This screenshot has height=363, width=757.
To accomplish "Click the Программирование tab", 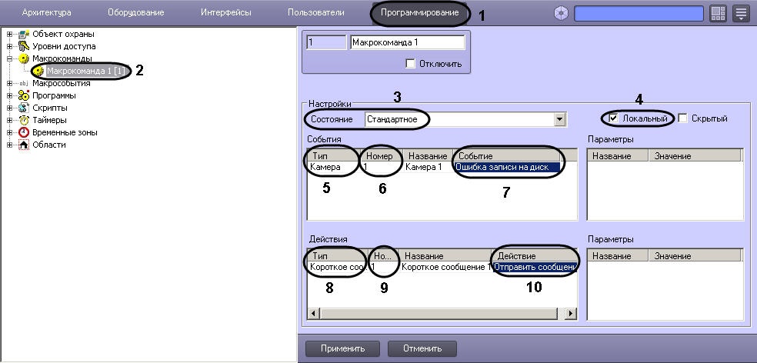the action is pyautogui.click(x=419, y=13).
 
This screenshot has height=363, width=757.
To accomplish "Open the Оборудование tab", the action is pyautogui.click(x=135, y=13).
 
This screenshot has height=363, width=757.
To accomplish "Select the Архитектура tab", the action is pyautogui.click(x=46, y=13).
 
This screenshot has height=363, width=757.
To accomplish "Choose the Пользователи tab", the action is pyautogui.click(x=315, y=13).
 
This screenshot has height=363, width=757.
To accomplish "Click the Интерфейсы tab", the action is pyautogui.click(x=226, y=13).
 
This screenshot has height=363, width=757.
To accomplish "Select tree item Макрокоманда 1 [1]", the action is pyautogui.click(x=88, y=71).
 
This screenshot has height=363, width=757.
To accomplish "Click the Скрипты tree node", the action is pyautogui.click(x=50, y=108).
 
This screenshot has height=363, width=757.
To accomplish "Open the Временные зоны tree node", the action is pyautogui.click(x=65, y=132).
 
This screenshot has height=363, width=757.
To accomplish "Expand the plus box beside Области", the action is pyautogui.click(x=10, y=145).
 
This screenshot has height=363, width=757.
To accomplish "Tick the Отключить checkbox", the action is pyautogui.click(x=410, y=64).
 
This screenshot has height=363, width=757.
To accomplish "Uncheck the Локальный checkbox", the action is pyautogui.click(x=613, y=118).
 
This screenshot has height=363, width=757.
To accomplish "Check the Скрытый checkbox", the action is pyautogui.click(x=682, y=118).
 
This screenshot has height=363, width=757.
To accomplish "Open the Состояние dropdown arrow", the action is pyautogui.click(x=559, y=118).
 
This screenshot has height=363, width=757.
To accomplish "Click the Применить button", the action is pyautogui.click(x=342, y=348).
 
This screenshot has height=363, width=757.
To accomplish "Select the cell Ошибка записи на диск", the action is pyautogui.click(x=509, y=167).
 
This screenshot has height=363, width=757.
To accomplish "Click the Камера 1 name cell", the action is pyautogui.click(x=424, y=167).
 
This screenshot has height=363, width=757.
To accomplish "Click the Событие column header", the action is pyautogui.click(x=507, y=156).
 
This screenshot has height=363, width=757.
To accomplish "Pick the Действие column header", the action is pyautogui.click(x=535, y=256).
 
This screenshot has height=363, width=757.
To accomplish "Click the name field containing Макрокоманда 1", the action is pyautogui.click(x=407, y=42).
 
